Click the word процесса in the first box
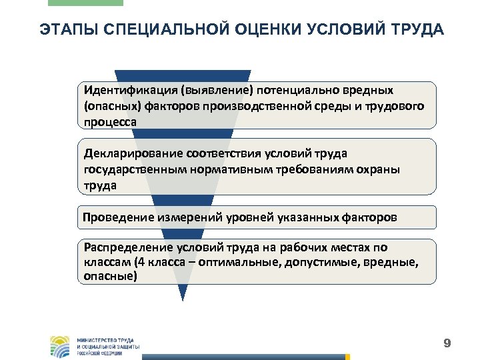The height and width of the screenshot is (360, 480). (x=110, y=122)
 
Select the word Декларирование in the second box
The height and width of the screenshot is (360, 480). (x=128, y=154)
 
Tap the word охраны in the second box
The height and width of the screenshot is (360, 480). (x=377, y=170)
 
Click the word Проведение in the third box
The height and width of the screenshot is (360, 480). (x=118, y=217)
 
